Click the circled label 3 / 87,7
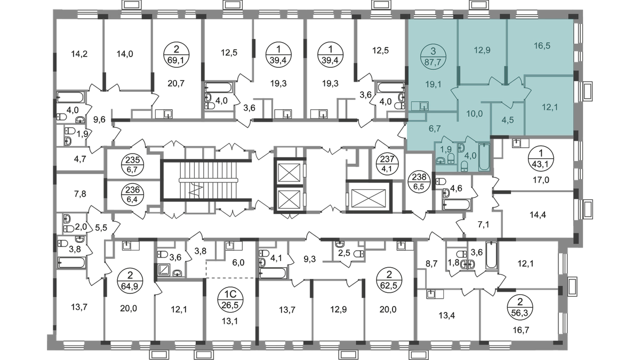tap(433, 56)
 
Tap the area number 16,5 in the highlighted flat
tap(542, 46)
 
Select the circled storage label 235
tap(133, 165)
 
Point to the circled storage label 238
tap(419, 182)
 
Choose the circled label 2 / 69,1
tap(177, 54)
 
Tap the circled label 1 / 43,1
tap(541, 158)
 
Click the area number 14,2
tap(79, 54)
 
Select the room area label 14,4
tap(538, 214)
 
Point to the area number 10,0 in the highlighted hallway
tap(474, 114)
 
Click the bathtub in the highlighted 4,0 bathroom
tap(484, 157)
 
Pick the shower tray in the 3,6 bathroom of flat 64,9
tap(164, 270)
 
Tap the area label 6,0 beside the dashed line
tap(238, 262)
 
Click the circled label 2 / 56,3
tap(520, 308)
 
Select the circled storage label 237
tap(387, 163)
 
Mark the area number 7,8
tap(80, 194)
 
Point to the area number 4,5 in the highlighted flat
tap(507, 120)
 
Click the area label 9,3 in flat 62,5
tap(309, 260)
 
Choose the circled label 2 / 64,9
tap(130, 281)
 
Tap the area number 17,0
tap(541, 180)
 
